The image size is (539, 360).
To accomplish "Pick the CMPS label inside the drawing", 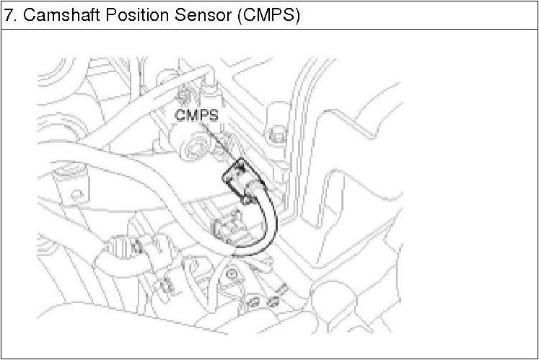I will [x=196, y=114].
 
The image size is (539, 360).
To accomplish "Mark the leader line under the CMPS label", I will [x=219, y=140].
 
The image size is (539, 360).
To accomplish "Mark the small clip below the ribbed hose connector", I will [x=166, y=284].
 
